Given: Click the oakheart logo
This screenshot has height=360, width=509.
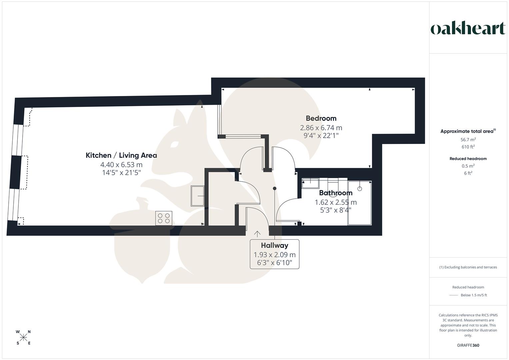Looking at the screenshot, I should point(468,29).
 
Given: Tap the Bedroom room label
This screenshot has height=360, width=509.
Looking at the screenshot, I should point(321,118).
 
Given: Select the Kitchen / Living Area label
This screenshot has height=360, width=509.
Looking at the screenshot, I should point(121,155).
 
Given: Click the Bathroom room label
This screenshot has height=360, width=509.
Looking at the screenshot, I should point(336,193).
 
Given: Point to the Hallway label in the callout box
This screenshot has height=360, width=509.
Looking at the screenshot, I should point(274,246).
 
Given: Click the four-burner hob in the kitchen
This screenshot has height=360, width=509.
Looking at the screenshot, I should point(164,218).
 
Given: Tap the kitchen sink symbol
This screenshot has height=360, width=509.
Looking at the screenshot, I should point(198,196).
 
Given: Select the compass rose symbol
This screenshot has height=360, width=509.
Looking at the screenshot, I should point(23,337).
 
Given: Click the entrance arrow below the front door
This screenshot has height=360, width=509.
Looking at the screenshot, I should point(257,234).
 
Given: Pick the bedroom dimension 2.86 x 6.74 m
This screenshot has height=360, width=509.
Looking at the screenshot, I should point(321,128).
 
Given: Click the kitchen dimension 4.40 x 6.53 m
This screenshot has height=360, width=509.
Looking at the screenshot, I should point(121,165).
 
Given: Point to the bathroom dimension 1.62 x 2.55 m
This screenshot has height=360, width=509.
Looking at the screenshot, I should point(336,202).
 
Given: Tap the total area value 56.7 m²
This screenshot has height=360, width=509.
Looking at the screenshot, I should point(468,140).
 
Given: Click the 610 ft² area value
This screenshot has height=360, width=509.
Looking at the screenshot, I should point(468,147).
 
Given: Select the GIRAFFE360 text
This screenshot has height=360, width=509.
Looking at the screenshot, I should point(468,345).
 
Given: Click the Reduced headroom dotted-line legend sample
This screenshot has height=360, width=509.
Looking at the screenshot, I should point(454,295).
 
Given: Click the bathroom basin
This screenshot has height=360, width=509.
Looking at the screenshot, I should point(310,182).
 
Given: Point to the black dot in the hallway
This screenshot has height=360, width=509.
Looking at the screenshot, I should point(275,189).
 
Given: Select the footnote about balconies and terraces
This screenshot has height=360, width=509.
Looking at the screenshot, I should point(468,267).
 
